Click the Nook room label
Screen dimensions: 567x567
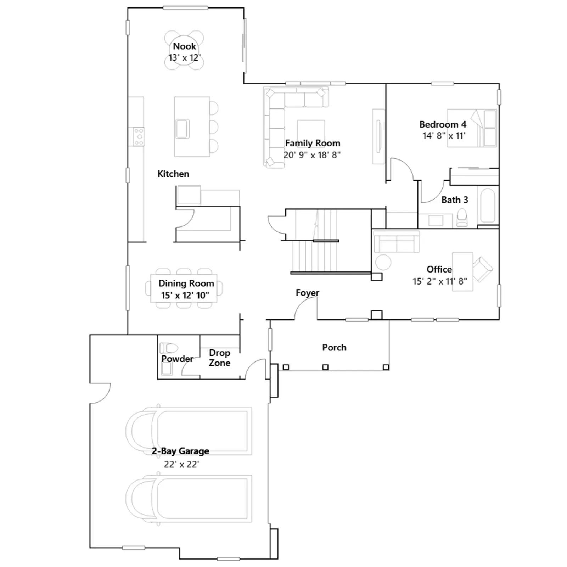(x=184, y=46)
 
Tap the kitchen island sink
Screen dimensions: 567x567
(x=183, y=128)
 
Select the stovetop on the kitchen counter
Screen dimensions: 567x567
(x=139, y=136)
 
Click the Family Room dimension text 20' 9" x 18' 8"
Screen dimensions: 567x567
(x=312, y=155)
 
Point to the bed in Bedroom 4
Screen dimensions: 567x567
(x=472, y=128)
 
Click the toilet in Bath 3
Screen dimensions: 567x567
(x=462, y=217)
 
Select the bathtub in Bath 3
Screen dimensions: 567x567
(x=488, y=206)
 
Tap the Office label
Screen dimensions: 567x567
(x=439, y=269)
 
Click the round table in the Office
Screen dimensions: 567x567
(x=383, y=263)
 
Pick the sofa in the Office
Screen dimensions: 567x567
(x=397, y=242)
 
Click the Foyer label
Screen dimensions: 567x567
(x=307, y=293)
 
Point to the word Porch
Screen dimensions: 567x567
(x=334, y=347)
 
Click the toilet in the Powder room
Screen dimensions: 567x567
(x=169, y=348)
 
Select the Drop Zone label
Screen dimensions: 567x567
(x=219, y=358)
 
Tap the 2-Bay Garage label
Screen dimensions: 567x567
(x=180, y=451)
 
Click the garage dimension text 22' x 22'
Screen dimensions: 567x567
(x=181, y=464)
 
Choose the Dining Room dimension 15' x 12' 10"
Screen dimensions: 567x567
(x=185, y=295)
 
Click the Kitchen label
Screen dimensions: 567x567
(x=173, y=174)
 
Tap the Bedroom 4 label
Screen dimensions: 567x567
(x=443, y=124)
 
